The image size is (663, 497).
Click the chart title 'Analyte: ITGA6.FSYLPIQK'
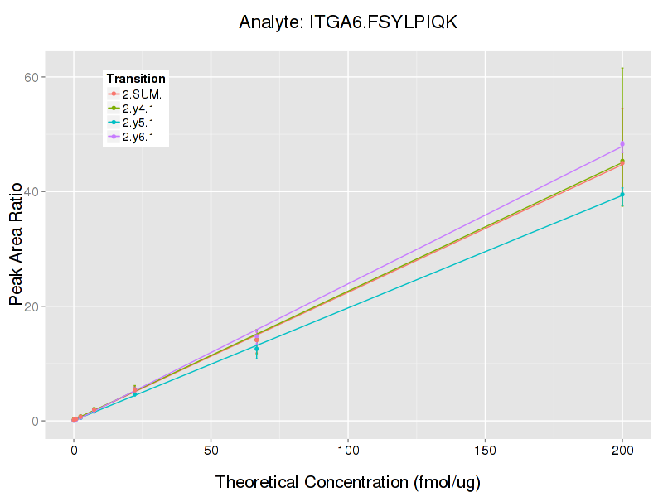pos(348,22)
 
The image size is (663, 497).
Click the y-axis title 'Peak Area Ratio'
pos(16,248)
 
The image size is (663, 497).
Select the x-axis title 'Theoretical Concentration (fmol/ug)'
pos(348,482)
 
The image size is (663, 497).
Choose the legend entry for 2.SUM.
pos(142,94)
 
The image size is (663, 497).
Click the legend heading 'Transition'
pos(136,79)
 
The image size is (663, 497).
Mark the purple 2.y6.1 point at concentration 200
pos(622,144)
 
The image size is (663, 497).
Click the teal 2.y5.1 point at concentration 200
pos(622,195)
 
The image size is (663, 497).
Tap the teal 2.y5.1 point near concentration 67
pos(257,349)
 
